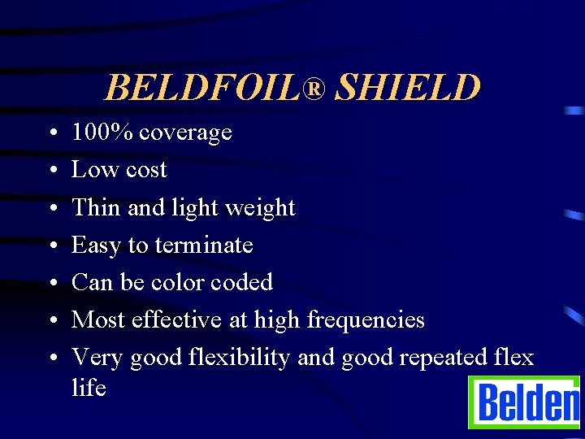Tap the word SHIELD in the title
point(408,88)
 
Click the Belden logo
point(525,402)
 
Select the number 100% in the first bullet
point(103,132)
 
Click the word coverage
point(186,133)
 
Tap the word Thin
point(96,207)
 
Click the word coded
point(241,282)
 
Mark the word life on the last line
point(89,387)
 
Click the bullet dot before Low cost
point(51,171)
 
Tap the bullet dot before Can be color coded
point(51,283)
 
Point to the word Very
point(97,359)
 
